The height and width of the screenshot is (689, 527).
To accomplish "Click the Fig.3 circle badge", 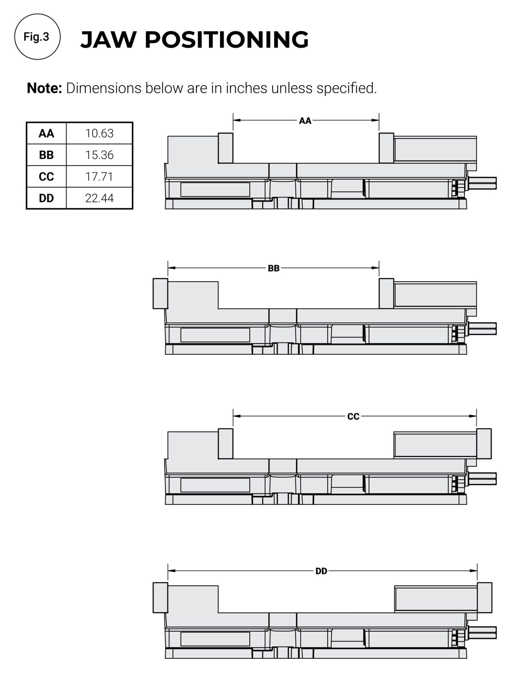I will point(37,37).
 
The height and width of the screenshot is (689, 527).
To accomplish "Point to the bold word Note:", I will point(45,88).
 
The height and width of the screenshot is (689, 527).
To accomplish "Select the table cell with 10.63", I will point(99,133).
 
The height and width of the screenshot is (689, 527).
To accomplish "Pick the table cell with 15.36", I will point(99,155).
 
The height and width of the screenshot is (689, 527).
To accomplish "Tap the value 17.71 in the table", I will point(99,177).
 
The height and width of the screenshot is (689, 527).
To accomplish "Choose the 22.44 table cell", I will point(99,198).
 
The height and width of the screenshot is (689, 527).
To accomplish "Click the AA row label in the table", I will point(46,133).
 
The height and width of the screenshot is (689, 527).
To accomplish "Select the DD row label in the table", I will point(46,198).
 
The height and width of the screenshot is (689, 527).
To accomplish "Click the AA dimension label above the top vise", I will point(305,121).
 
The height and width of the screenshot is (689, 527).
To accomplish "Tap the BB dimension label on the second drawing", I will point(273,268).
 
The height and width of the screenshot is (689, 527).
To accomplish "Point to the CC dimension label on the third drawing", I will point(353,417).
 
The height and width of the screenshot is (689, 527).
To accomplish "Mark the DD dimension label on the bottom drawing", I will point(321,571).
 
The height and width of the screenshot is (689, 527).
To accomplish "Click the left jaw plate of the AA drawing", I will point(226,148).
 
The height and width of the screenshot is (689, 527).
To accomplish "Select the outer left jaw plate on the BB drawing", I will point(160,294).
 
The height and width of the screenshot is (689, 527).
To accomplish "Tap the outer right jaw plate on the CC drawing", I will point(484,444).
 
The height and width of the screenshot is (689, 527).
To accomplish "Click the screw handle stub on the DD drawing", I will point(483,633).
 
